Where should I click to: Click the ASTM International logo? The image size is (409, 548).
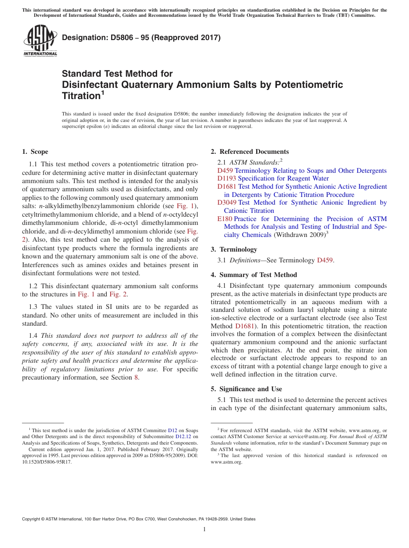pyautogui.click(x=40, y=40)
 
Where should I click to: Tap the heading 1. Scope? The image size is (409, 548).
pyautogui.click(x=35, y=152)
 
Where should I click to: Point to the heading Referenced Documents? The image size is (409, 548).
pyautogui.click(x=254, y=152)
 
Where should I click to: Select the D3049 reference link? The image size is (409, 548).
pyautogui.click(x=227, y=202)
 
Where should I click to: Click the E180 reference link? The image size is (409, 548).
pyautogui.click(x=225, y=219)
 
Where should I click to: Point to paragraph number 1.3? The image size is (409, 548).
pyautogui.click(x=34, y=307)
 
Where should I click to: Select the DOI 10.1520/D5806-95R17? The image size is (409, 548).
pyautogui.click(x=47, y=462)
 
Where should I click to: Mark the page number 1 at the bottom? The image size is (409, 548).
pyautogui.click(x=204, y=529)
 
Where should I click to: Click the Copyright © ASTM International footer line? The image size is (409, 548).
pyautogui.click(x=138, y=519)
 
